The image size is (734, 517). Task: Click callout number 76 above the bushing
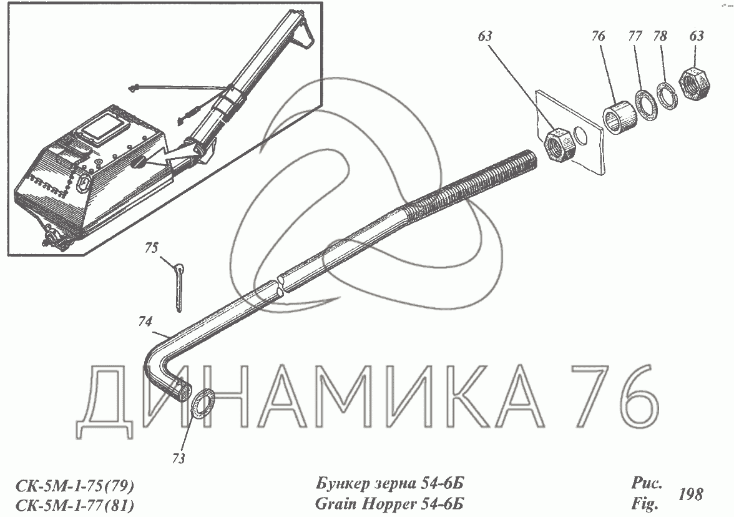(x=598, y=36)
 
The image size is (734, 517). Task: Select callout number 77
(x=635, y=36)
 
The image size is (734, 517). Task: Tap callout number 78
(x=660, y=36)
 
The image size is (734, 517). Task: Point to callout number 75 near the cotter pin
(x=152, y=247)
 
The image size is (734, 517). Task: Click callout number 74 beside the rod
(x=145, y=322)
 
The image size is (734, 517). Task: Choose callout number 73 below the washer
(x=179, y=458)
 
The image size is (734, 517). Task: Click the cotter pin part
(x=179, y=287)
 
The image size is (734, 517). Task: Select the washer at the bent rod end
(x=203, y=403)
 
